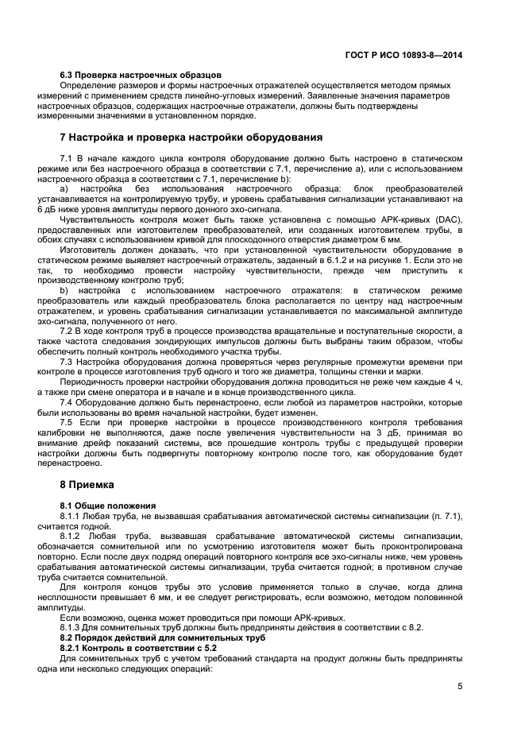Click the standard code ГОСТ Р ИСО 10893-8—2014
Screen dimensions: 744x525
click(x=405, y=56)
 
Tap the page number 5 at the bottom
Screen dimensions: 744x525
click(x=461, y=687)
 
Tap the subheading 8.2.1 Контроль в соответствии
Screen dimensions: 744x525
click(x=133, y=649)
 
